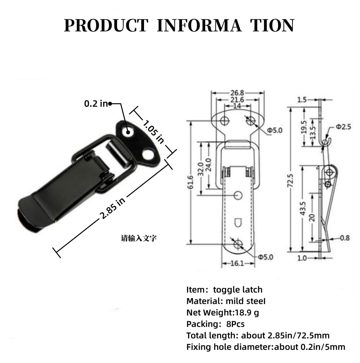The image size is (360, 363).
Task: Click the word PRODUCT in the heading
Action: point(106,26)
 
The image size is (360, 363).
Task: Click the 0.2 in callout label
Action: point(96,104)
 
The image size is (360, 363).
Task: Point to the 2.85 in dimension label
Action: point(113,208)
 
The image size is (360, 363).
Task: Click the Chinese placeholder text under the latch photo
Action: point(139,238)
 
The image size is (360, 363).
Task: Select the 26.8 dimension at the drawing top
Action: point(237,93)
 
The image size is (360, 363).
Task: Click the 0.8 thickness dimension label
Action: point(345,238)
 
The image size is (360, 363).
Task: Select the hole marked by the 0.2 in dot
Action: point(128,132)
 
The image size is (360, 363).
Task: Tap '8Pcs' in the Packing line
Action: point(235,324)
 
